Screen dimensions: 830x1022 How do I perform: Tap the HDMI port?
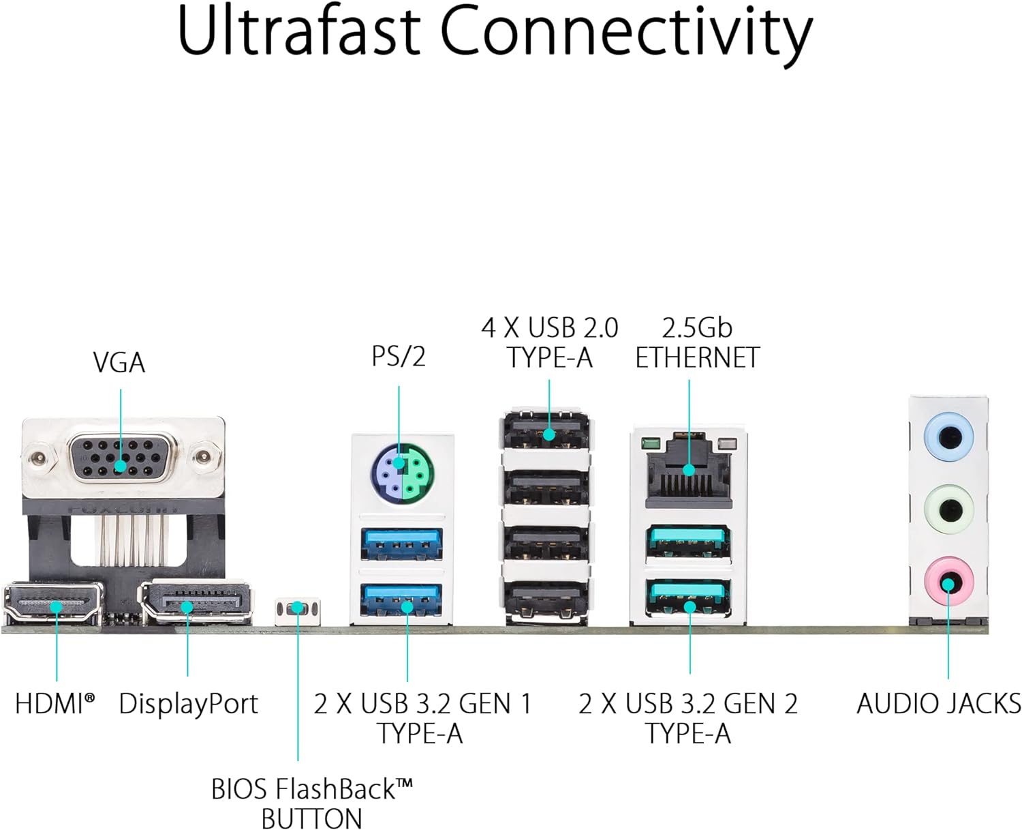[x=54, y=604]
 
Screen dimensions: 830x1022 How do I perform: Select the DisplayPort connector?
[x=196, y=602]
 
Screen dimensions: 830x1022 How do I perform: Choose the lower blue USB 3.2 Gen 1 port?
[x=402, y=600]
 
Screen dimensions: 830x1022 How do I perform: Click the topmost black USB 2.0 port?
[x=547, y=431]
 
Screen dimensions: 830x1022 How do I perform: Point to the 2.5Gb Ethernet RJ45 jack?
[x=688, y=469]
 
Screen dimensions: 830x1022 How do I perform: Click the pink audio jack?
[x=948, y=582]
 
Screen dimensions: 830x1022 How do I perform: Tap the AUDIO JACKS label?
[x=938, y=703]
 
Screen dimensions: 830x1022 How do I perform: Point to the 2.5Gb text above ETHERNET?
[x=696, y=328]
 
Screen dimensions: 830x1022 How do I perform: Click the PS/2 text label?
[x=399, y=356]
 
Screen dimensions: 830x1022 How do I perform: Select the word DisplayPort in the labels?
[x=189, y=704]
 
